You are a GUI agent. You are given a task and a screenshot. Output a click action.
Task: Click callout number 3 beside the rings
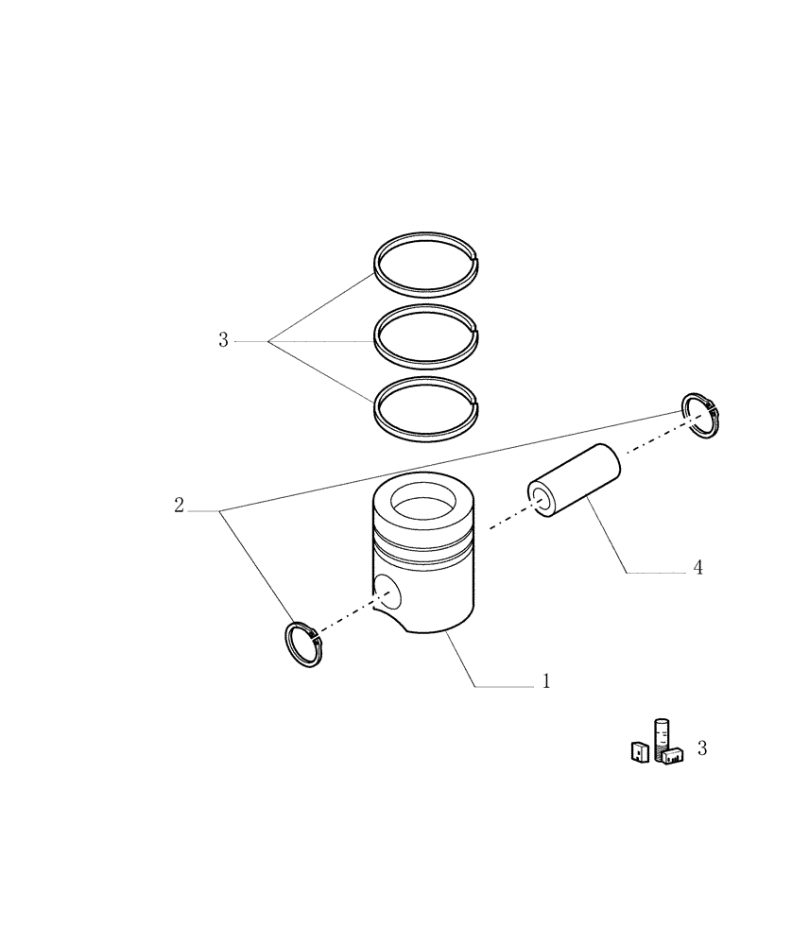click(223, 340)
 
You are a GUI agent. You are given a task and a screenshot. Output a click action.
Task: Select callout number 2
click(179, 506)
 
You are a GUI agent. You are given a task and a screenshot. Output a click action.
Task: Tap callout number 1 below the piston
click(545, 680)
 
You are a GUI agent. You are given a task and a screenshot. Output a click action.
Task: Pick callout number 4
click(697, 568)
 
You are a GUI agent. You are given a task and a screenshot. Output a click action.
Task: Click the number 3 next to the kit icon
click(701, 748)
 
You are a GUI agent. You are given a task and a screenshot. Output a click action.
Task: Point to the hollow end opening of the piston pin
click(542, 499)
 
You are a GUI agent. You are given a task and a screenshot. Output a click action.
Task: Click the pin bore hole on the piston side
click(387, 592)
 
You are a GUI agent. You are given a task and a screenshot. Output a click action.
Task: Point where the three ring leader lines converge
click(268, 341)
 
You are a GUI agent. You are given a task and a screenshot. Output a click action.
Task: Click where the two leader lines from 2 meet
click(221, 511)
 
